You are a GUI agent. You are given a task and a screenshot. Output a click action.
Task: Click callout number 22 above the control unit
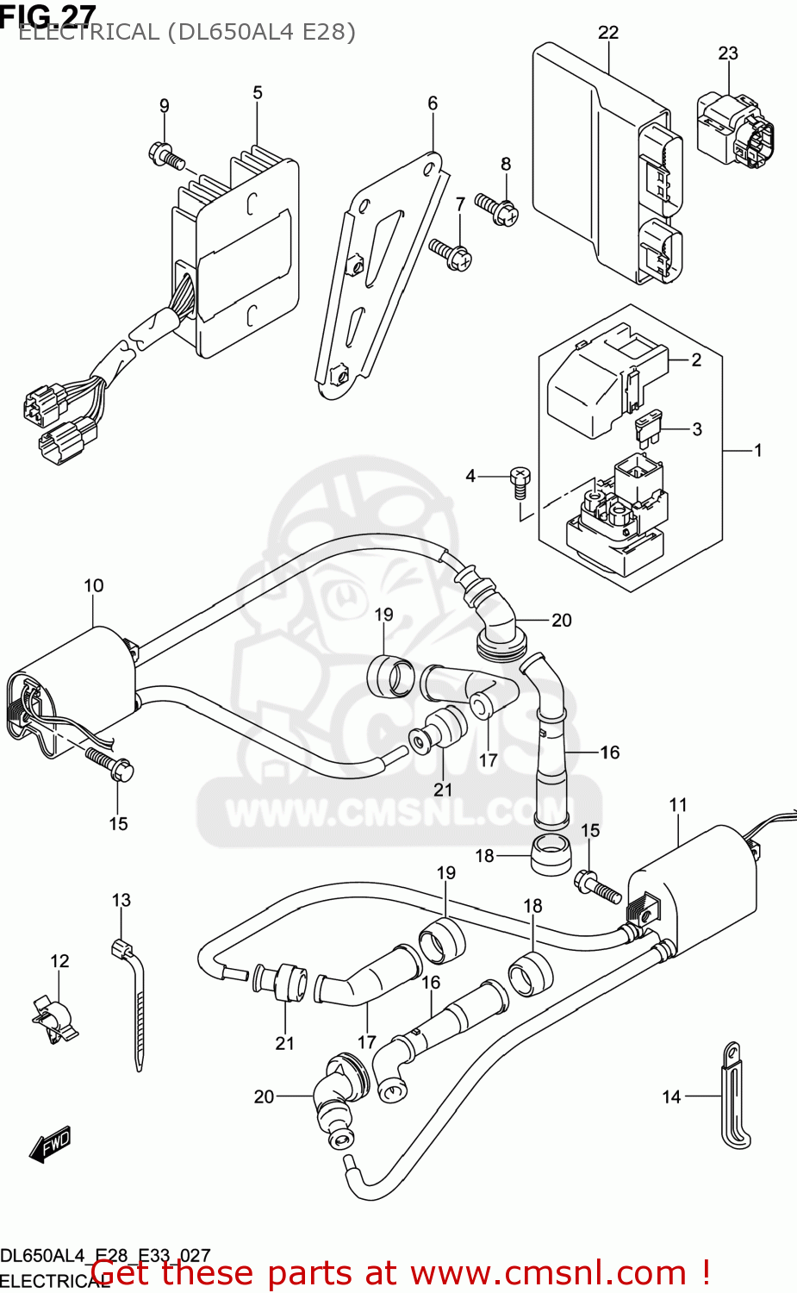608,33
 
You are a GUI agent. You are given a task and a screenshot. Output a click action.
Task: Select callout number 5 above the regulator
258,92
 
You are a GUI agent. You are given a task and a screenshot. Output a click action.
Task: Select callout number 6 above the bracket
433,103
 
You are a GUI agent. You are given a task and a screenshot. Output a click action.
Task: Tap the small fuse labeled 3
649,428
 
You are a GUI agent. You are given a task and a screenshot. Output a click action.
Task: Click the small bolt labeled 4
520,480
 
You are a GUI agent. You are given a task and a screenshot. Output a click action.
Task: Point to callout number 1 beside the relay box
757,450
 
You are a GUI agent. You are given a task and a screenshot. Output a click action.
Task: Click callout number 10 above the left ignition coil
94,585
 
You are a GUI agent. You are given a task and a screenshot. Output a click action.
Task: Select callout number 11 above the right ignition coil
678,804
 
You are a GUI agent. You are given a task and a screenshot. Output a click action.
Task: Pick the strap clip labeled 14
733,1097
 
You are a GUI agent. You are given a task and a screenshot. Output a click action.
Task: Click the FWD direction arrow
50,1144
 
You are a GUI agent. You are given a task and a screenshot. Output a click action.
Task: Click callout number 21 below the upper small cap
443,790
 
